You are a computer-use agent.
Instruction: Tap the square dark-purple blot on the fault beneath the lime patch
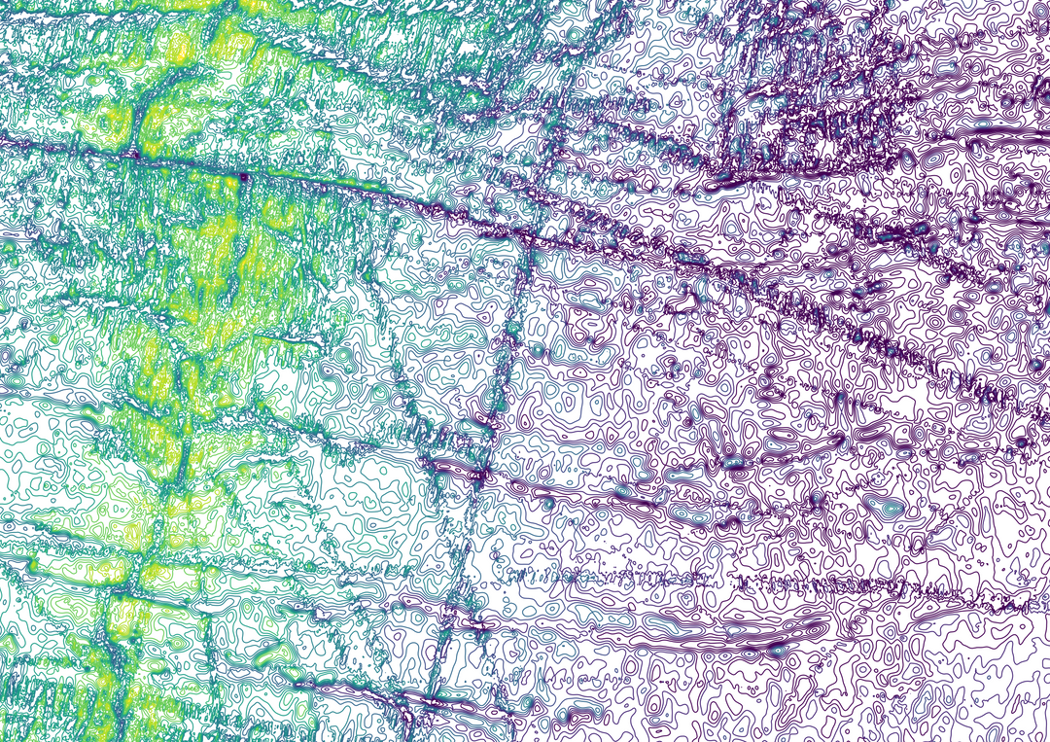pos(243,176)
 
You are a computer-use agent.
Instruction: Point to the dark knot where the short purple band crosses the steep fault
pos(480,474)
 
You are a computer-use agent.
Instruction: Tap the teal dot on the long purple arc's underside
pos(778,644)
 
